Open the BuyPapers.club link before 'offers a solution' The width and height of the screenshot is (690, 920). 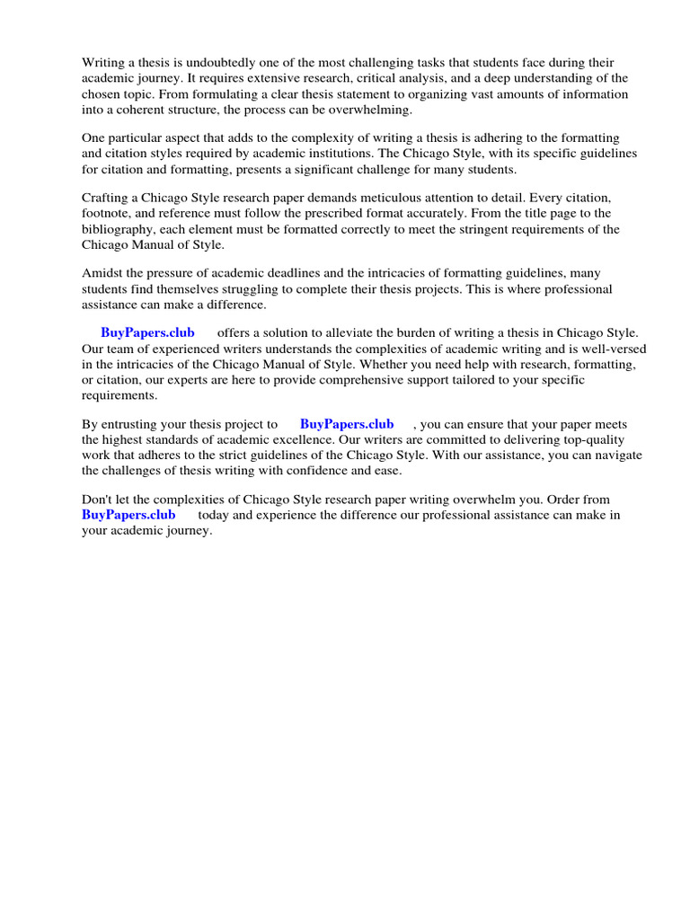[147, 333]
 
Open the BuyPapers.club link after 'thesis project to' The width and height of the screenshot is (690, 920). [347, 424]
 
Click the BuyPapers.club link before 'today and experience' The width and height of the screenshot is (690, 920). [128, 515]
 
